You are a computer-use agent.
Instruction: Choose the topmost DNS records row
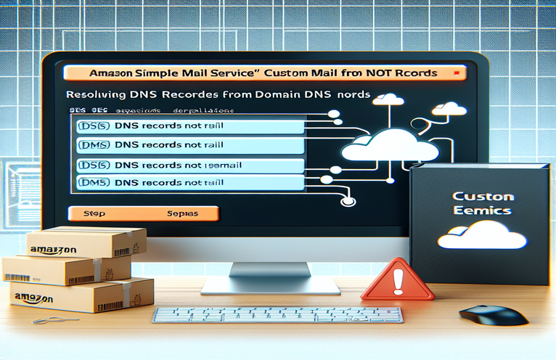(x=189, y=126)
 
